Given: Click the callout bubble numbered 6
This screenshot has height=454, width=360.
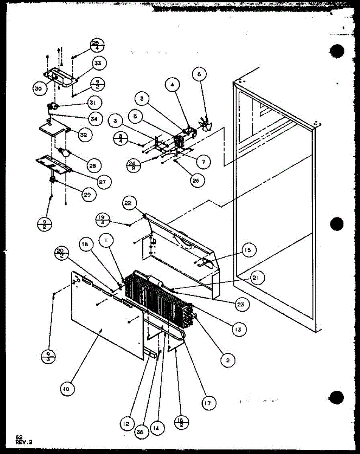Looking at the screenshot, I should [x=199, y=75].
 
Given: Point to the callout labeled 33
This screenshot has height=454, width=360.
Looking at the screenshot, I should [x=98, y=64].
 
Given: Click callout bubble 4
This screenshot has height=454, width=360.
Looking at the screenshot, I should [x=172, y=85].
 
